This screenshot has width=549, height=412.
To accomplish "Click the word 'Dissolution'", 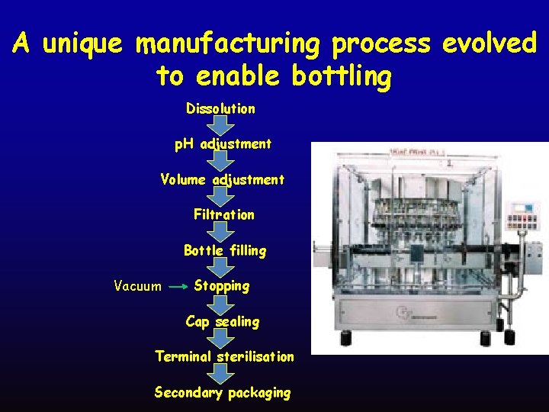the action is coord(220,109).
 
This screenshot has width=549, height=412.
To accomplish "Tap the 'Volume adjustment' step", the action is coord(222,180).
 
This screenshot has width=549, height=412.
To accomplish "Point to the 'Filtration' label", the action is coord(223,215).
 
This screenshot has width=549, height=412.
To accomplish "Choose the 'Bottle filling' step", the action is coord(225,250).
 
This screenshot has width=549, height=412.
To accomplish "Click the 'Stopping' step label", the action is coord(222,286).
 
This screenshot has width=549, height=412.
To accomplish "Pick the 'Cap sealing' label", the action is coord(222,321).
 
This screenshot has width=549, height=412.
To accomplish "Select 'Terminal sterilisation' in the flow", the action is coord(224,356).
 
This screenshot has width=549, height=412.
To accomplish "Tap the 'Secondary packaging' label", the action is coord(222,392).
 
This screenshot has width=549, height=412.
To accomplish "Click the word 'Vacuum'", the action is coord(137,287).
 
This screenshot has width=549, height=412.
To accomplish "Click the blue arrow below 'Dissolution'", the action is coord(221,125).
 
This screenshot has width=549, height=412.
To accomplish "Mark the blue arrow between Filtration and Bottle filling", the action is coord(221,232).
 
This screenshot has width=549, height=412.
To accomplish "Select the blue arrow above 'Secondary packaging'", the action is coord(221,374).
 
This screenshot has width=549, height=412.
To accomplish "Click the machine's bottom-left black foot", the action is coord(344,337).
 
